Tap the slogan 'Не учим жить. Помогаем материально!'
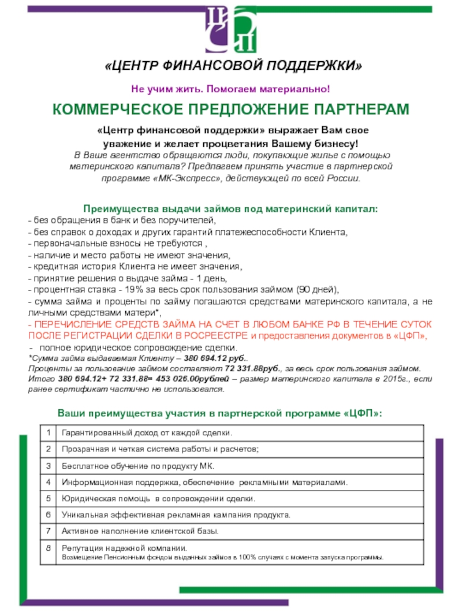231,89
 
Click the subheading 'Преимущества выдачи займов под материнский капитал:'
232,208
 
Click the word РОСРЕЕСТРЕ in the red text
219,336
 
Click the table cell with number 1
50,432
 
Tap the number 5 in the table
50,498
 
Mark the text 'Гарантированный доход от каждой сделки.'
147,432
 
